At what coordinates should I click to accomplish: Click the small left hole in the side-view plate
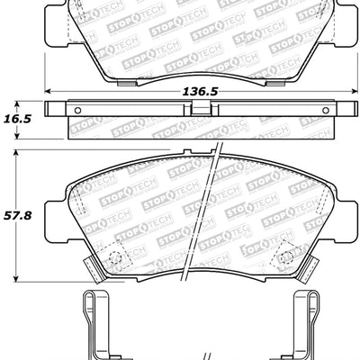pyautogui.click(x=76, y=112)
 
